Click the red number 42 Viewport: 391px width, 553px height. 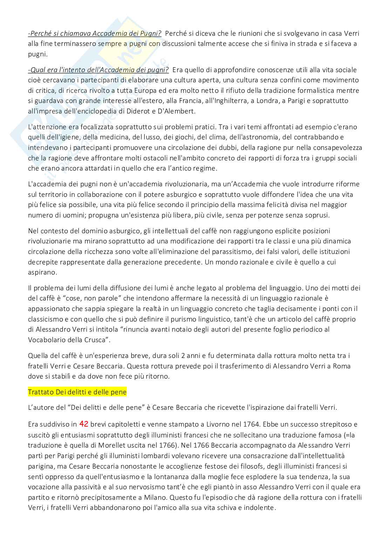click(x=84, y=424)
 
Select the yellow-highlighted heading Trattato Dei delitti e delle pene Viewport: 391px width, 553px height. click(x=77, y=392)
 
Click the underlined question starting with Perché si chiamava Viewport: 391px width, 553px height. click(x=95, y=34)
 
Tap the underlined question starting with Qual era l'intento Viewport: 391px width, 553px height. click(x=98, y=70)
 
